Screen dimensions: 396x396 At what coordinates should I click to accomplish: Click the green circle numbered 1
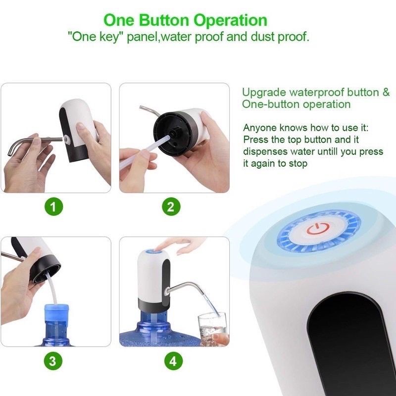pos(53,206)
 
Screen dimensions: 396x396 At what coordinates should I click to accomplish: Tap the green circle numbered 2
pos(171,206)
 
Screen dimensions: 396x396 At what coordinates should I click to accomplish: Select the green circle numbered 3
pos(53,361)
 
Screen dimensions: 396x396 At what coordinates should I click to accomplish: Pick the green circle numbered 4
pos(173,361)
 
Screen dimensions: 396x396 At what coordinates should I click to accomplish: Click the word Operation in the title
pos(231,21)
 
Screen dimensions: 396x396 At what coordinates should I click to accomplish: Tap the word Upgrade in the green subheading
pos(264,93)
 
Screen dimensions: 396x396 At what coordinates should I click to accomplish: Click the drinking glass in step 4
pos(212,329)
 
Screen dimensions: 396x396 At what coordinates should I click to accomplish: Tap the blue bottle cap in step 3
pos(56,313)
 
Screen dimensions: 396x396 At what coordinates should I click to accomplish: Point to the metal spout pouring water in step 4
pos(186,289)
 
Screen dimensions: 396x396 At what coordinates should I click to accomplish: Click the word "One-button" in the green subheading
pos(271,104)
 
